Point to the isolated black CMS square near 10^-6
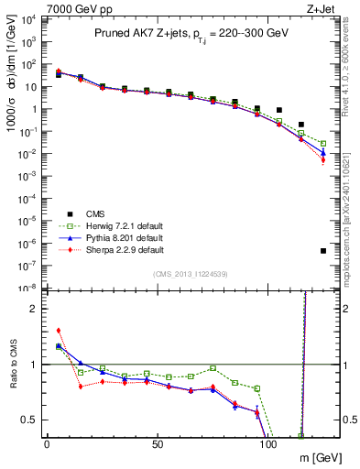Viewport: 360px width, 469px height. (x=323, y=250)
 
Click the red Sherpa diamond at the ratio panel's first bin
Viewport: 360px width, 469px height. (x=59, y=331)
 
